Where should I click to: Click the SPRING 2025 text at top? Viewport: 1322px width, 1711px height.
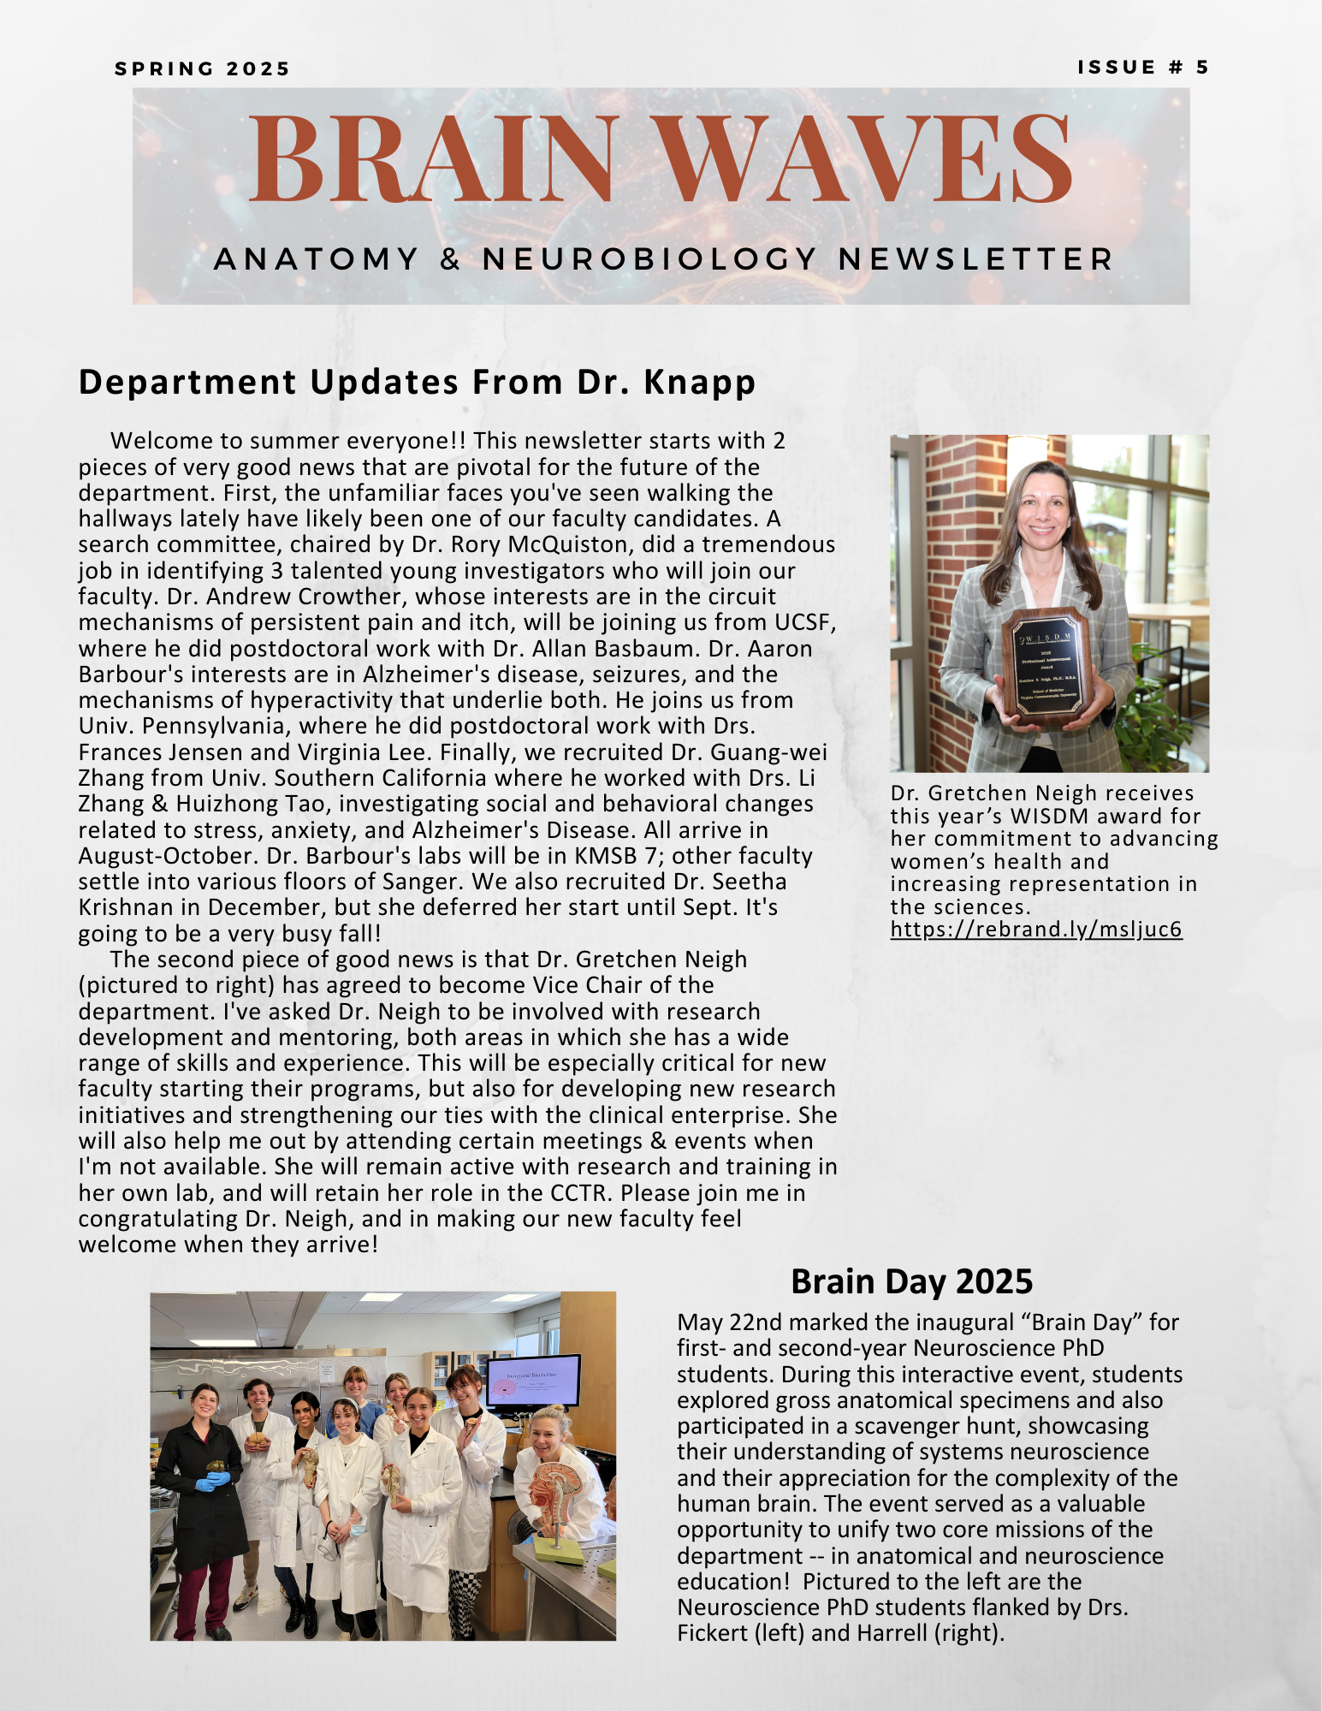tap(203, 69)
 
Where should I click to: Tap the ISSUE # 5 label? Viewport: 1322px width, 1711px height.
tap(1142, 68)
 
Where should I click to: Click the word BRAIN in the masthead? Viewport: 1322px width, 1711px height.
tap(432, 159)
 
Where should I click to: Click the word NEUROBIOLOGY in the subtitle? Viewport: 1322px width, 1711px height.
tap(650, 258)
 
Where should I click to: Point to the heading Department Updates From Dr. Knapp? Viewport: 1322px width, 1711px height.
tap(417, 383)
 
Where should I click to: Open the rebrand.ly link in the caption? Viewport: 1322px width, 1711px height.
tap(1035, 930)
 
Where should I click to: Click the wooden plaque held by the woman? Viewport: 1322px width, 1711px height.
tap(1046, 664)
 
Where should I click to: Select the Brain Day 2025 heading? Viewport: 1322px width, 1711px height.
tap(911, 1281)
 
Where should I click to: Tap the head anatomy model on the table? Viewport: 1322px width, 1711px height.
tap(556, 1494)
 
